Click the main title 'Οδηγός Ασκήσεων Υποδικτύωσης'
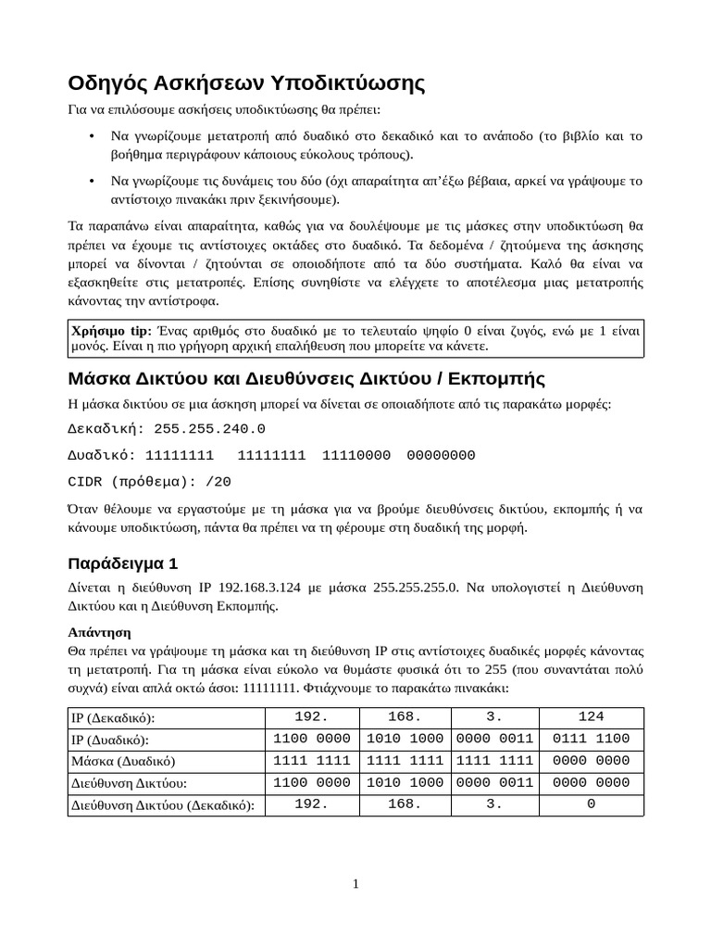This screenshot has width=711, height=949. (x=246, y=83)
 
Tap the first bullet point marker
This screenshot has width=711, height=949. (x=91, y=137)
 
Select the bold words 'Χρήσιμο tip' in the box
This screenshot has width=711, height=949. (x=111, y=331)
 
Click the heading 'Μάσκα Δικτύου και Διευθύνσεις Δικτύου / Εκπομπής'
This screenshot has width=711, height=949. (x=306, y=379)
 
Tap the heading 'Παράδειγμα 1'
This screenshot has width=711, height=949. (x=122, y=563)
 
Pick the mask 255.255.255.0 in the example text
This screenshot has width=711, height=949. (x=415, y=588)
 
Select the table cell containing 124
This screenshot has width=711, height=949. (x=591, y=717)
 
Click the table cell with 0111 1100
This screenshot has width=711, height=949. (x=591, y=739)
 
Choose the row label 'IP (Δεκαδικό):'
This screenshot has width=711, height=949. (x=113, y=718)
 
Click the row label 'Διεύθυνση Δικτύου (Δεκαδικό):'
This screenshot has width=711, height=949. (x=163, y=805)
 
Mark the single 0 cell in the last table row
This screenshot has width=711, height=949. (x=591, y=804)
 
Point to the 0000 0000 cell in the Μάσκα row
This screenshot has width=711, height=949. (x=591, y=761)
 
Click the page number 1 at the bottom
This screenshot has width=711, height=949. (x=355, y=884)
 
